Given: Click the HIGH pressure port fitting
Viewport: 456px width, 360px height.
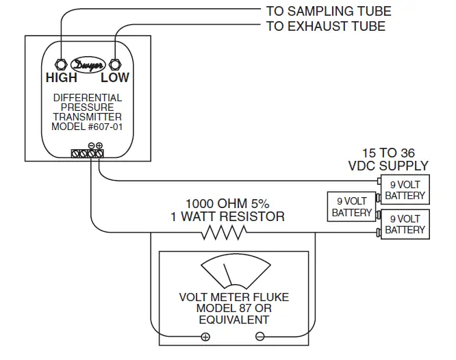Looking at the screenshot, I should [x=60, y=64].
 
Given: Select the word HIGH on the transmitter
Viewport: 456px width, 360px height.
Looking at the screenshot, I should [x=61, y=78].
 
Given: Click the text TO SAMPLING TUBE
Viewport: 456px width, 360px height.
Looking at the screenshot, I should [x=328, y=12].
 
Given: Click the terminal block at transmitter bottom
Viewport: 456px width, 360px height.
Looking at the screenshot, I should [x=88, y=154].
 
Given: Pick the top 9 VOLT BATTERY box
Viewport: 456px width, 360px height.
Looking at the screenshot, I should [x=405, y=190].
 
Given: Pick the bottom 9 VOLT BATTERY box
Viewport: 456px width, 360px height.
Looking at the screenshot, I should [x=405, y=224].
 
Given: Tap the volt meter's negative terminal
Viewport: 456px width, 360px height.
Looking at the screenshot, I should [x=259, y=336].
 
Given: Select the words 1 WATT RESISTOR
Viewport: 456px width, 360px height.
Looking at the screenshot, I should [x=228, y=217].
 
